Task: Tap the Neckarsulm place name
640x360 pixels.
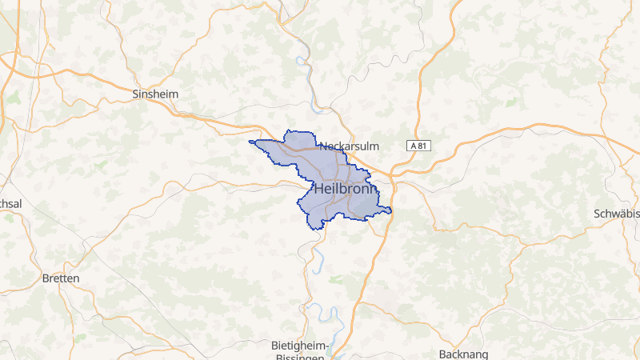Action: tap(349, 146)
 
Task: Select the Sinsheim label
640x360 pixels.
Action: tap(155, 94)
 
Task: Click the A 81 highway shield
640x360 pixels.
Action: tap(419, 146)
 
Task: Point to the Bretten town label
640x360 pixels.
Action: tap(61, 278)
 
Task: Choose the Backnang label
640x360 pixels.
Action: tap(463, 354)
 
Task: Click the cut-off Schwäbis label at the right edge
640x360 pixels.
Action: tap(617, 214)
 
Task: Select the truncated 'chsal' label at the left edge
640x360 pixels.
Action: tap(11, 204)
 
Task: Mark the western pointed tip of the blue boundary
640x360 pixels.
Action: tap(250, 142)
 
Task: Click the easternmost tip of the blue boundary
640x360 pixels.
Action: tap(391, 210)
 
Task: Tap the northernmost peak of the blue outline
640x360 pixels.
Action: tap(288, 130)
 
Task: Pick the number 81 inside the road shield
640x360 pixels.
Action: tap(423, 146)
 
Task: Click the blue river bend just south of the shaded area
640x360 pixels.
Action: tap(318, 256)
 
